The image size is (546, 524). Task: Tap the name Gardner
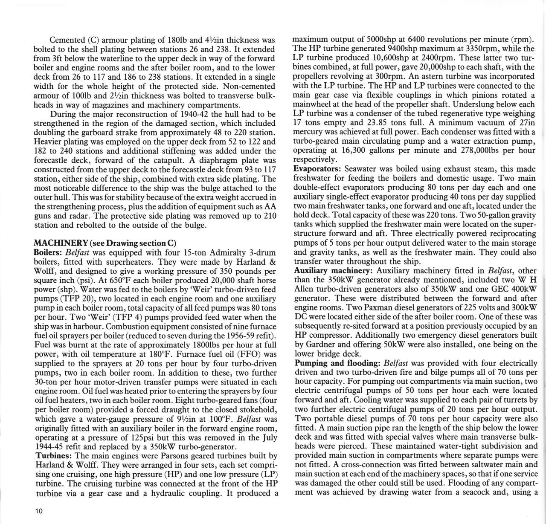click(x=322, y=345)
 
